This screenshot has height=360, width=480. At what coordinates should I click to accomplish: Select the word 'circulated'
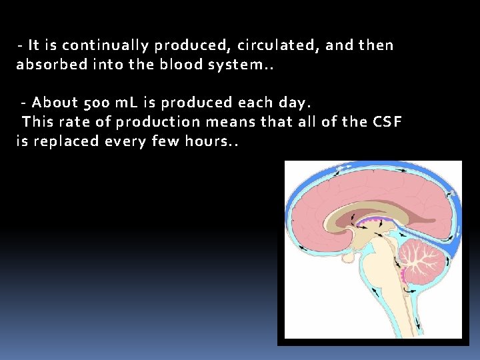pos(243,46)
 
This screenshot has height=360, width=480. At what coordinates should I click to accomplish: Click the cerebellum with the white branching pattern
pos(420,259)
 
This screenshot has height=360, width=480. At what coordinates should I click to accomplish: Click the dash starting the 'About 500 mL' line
pos(24,103)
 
